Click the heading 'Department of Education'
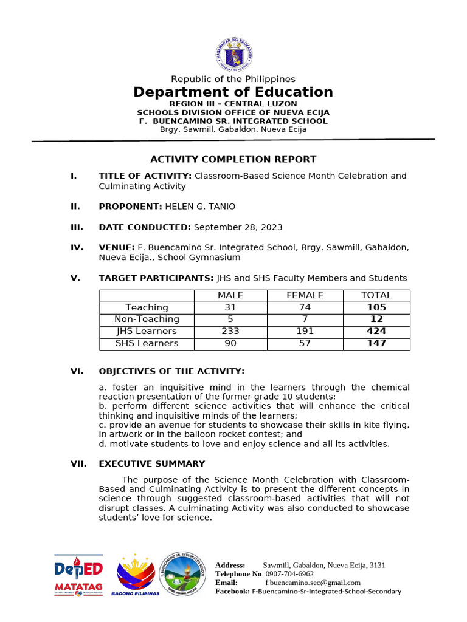[x=233, y=92]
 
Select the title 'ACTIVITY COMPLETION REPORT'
[x=233, y=159]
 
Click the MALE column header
[x=230, y=295]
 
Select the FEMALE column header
[x=305, y=295]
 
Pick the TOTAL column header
[x=376, y=295]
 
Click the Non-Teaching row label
[x=147, y=320]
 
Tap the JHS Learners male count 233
[x=230, y=332]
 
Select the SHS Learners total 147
[x=376, y=344]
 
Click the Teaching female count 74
[x=305, y=307]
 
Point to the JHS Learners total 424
[x=376, y=332]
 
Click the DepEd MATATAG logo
[x=79, y=575]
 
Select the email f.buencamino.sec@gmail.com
[x=313, y=583]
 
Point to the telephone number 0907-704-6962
[x=289, y=574]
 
